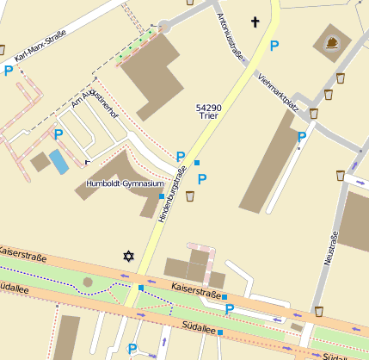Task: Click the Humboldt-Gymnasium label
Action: coord(125,183)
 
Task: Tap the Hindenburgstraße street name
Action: coord(172,196)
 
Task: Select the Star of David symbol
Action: coord(129,256)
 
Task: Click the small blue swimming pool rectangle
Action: coord(58,160)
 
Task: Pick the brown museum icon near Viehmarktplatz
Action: coord(333,42)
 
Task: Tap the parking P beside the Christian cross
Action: coord(274,46)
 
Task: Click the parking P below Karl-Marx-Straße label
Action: coord(9,71)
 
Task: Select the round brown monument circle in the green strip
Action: coord(87,282)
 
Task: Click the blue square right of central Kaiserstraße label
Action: coord(224,297)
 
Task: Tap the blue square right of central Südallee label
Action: coord(220,332)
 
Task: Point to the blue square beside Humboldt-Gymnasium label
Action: coord(162,196)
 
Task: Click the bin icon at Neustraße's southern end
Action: coord(319,311)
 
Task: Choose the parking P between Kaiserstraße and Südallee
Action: coord(230,309)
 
